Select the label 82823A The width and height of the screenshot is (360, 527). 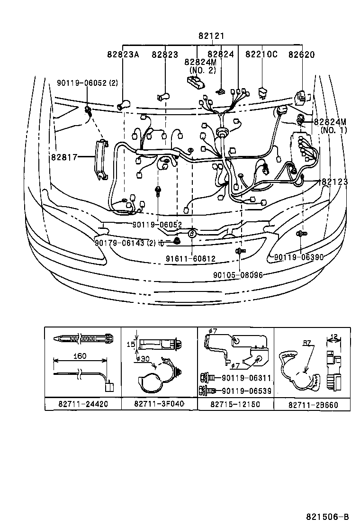[x=123, y=55]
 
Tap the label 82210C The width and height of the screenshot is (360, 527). [x=261, y=55]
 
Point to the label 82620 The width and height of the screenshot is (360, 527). [x=301, y=55]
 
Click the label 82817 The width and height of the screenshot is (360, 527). [x=64, y=156]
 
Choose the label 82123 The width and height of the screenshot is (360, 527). [x=335, y=182]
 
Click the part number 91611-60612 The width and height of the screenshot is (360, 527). [x=191, y=259]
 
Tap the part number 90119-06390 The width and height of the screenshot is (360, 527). [x=299, y=257]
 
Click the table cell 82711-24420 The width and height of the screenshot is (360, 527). [x=83, y=404]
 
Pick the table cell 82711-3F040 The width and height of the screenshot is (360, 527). [x=159, y=404]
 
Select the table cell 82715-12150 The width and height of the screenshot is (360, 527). [x=235, y=404]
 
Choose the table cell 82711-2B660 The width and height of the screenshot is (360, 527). [x=312, y=404]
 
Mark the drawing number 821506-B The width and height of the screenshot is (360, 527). [x=327, y=517]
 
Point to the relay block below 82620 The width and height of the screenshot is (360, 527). [x=300, y=99]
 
